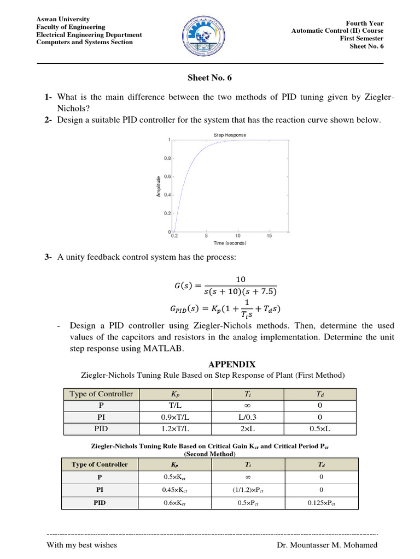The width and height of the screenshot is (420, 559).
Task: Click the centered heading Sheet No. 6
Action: (x=210, y=78)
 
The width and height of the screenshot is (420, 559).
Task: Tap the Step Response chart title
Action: (x=230, y=135)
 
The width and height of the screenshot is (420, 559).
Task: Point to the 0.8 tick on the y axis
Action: (x=167, y=158)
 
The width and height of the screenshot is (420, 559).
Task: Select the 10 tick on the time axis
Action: (x=238, y=236)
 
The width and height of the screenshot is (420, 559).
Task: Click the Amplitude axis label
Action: (x=159, y=186)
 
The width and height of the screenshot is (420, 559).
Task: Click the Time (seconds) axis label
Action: (x=230, y=243)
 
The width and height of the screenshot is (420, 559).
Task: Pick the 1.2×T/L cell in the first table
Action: (x=176, y=429)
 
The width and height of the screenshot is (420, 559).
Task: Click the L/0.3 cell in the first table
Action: (x=248, y=417)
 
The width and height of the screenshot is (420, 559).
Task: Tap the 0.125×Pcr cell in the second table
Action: (x=322, y=503)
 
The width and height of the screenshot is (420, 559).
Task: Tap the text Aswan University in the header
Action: (x=63, y=19)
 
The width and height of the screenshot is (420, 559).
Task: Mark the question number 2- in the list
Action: (x=48, y=120)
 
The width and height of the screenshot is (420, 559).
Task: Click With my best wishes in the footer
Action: (x=82, y=545)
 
